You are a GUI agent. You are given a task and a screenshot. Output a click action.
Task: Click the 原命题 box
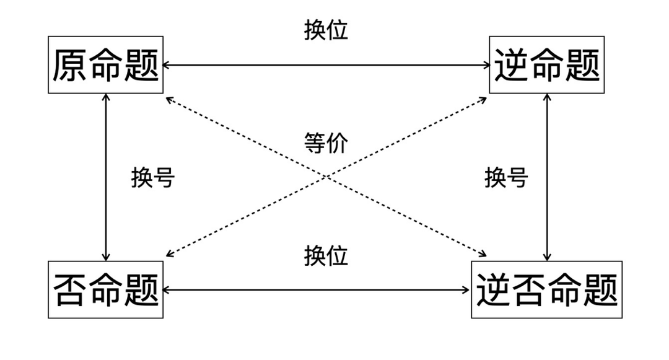[x=105, y=65]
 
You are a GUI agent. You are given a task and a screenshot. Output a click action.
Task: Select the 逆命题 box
[x=546, y=65]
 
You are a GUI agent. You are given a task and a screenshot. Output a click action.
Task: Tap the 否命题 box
[x=105, y=289]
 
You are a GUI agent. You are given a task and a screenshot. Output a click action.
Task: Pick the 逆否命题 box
[x=546, y=289]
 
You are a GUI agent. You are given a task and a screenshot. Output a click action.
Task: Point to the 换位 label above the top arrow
[x=326, y=30]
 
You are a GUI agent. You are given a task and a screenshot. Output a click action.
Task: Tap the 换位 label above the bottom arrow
[x=326, y=255]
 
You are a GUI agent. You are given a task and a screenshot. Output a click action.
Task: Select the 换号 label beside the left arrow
[x=152, y=178]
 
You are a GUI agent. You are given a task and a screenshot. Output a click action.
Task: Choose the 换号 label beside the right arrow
[x=505, y=178]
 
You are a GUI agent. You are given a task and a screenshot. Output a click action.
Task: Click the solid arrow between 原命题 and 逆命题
[x=326, y=64]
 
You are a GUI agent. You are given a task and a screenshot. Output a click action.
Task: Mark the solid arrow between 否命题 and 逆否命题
[x=317, y=289]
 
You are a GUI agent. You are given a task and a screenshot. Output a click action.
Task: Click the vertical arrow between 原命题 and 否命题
[x=106, y=177]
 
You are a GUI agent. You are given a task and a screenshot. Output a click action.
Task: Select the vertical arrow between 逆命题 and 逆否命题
[x=547, y=177]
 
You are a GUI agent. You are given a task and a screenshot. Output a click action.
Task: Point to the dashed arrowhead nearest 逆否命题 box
[x=483, y=253]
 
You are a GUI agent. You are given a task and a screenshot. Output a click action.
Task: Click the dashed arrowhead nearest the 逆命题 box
[x=483, y=99]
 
